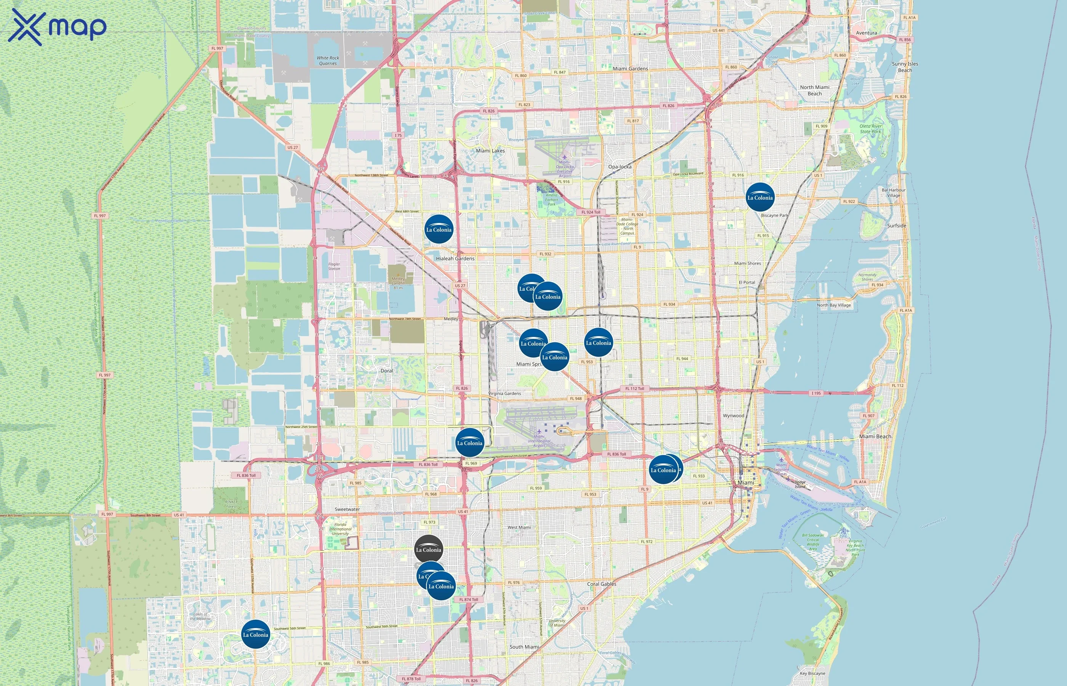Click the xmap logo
(x=57, y=27)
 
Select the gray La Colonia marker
(x=428, y=549)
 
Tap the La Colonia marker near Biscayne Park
(x=760, y=197)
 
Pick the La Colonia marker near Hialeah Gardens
(x=439, y=229)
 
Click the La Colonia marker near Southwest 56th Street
(x=256, y=634)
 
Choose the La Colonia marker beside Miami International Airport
(x=469, y=442)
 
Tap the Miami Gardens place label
(x=630, y=69)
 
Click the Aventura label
(x=866, y=33)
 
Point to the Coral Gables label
(x=602, y=584)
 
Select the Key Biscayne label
(x=812, y=673)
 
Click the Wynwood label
(x=734, y=416)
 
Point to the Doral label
(x=386, y=370)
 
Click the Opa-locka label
(x=620, y=167)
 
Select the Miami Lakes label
(x=490, y=151)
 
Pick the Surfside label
(x=896, y=225)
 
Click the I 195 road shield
(x=816, y=393)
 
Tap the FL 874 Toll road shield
(x=468, y=599)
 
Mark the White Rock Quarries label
(x=328, y=61)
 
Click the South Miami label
(x=524, y=647)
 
